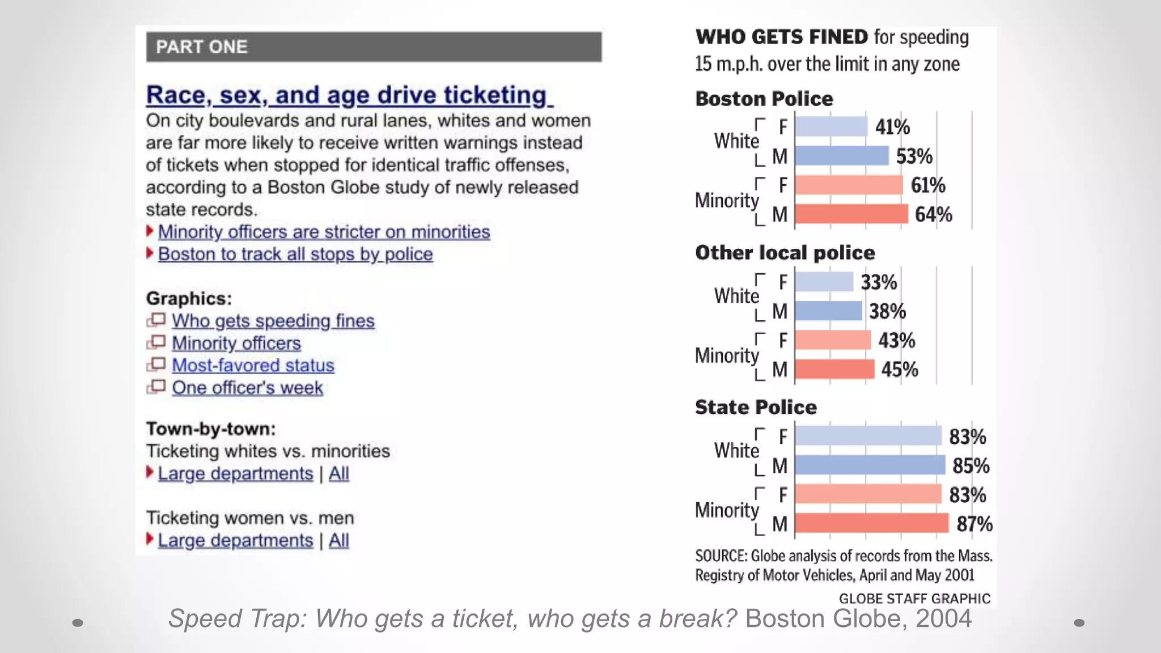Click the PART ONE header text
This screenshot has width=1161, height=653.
[x=201, y=46]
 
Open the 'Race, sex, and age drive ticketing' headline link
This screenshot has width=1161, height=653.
[x=349, y=95]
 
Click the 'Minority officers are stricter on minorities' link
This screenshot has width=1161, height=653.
[x=324, y=232]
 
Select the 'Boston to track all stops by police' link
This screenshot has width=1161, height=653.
[x=295, y=254]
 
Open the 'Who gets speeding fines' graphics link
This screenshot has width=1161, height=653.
[x=273, y=321]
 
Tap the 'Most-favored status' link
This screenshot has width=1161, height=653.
[x=253, y=366]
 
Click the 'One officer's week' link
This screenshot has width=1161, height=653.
[x=247, y=388]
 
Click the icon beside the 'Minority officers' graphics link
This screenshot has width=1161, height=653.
[x=156, y=342]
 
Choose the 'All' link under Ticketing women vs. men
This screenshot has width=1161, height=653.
[x=338, y=540]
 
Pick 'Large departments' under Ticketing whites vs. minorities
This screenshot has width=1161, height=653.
[x=235, y=473]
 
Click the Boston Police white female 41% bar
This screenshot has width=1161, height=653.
[x=831, y=126]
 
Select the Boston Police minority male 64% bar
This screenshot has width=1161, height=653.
[x=851, y=214]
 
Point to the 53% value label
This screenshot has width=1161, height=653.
[x=914, y=156]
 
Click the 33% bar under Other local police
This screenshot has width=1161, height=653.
[x=824, y=282]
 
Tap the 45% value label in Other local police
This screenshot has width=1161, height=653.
[x=900, y=370]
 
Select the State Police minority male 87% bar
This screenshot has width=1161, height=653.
[x=871, y=523]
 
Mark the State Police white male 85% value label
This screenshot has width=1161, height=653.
[x=971, y=466]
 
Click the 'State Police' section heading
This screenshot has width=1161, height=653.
[x=756, y=407]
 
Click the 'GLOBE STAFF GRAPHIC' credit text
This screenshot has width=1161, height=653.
[x=914, y=599]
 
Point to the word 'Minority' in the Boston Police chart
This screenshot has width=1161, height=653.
[x=727, y=200]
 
